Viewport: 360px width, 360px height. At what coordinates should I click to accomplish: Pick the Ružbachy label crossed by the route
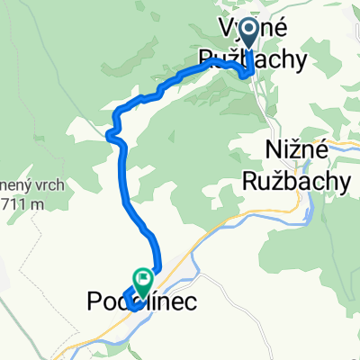251,59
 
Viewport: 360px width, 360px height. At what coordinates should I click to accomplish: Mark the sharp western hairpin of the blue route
110,135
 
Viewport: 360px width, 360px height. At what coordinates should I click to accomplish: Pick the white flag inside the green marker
141,277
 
